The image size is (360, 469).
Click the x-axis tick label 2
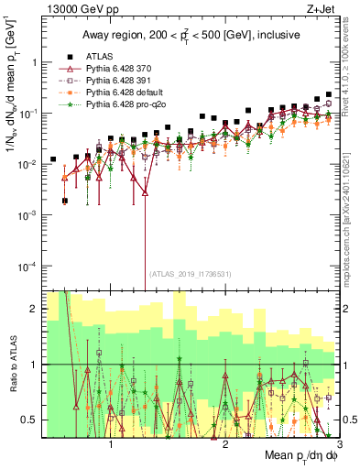225,442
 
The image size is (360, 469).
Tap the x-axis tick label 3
338,442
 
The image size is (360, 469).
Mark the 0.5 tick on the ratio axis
29,420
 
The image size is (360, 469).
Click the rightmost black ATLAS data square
329,94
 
